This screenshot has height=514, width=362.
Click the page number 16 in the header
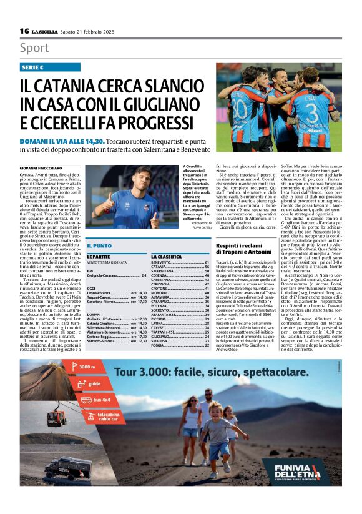[x=24, y=31]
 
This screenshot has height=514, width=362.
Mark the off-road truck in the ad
[x=70, y=468]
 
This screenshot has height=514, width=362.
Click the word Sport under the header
[x=34, y=47]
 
